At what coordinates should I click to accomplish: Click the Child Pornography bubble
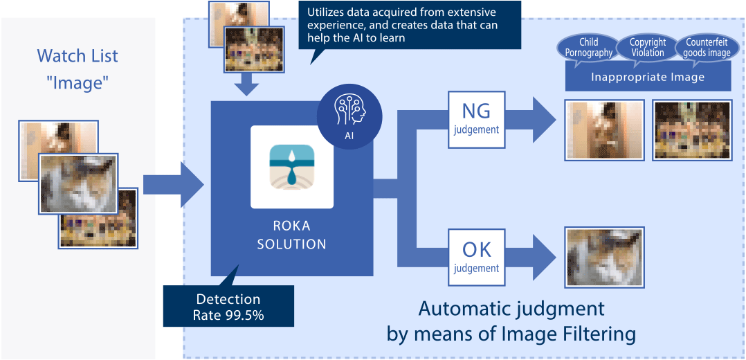pyautogui.click(x=588, y=48)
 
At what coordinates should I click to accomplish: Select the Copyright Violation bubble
pyautogui.click(x=648, y=48)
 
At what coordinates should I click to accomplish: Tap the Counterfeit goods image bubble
pyautogui.click(x=707, y=48)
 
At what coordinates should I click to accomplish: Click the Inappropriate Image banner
pyautogui.click(x=648, y=76)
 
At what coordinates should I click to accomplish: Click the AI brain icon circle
pyautogui.click(x=350, y=118)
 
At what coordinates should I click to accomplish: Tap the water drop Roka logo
pyautogui.click(x=291, y=167)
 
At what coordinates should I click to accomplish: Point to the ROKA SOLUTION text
pyautogui.click(x=291, y=235)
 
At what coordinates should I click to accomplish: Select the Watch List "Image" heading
pyautogui.click(x=78, y=69)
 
